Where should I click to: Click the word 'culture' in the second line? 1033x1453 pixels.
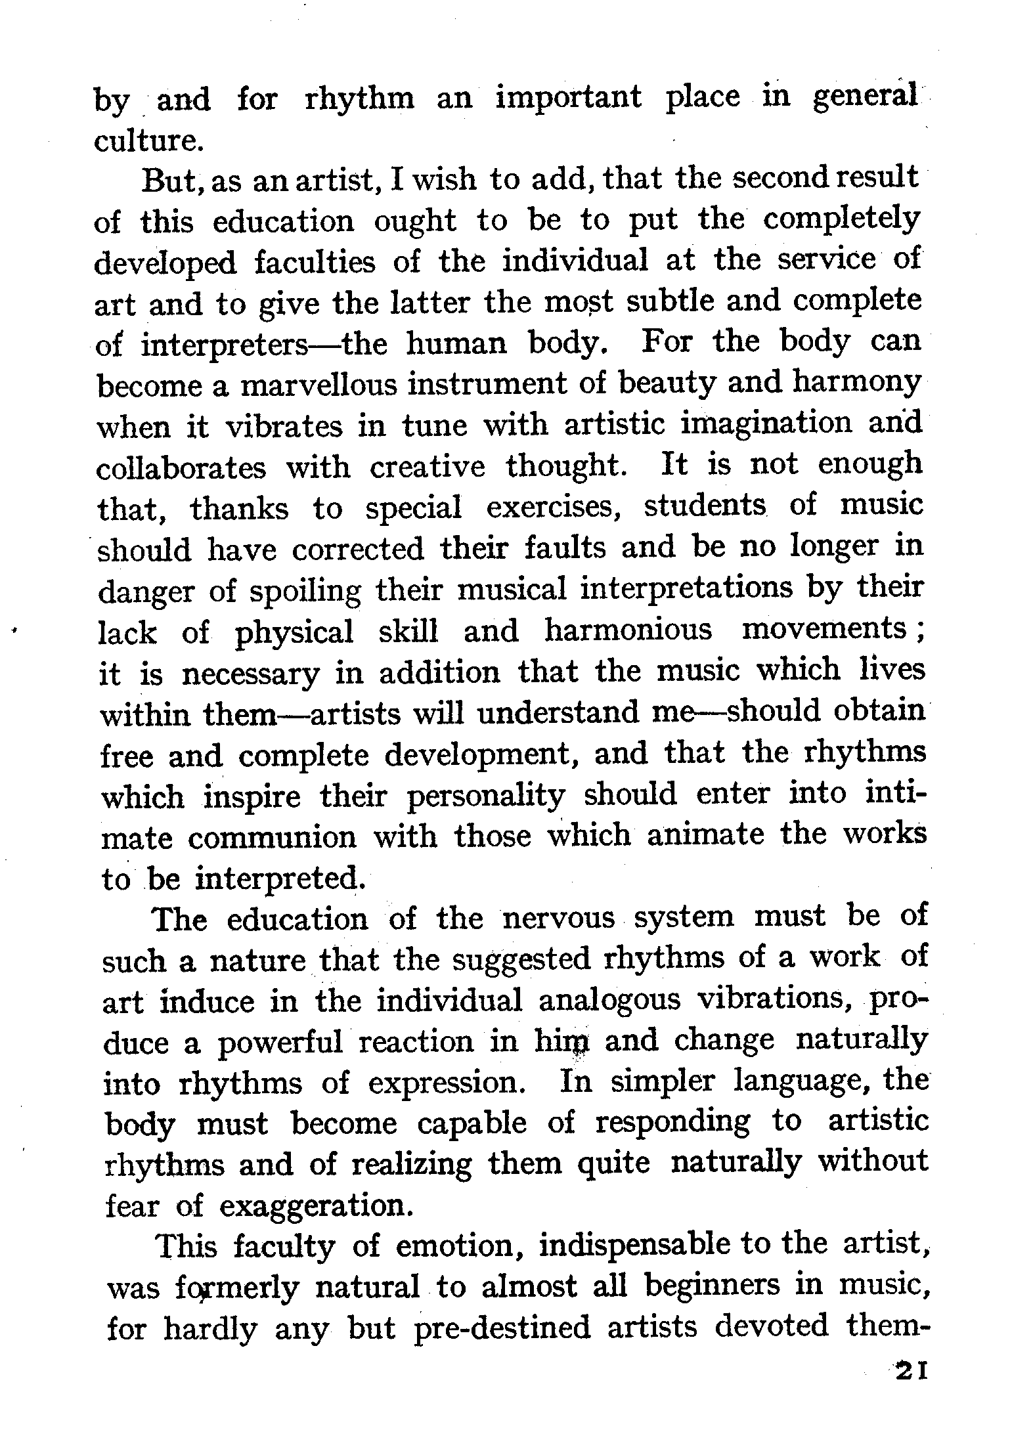tap(145, 141)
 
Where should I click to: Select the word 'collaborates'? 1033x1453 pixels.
tap(182, 468)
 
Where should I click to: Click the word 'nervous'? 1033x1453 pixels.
tap(559, 918)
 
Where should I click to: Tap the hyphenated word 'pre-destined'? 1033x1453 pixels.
tap(502, 1328)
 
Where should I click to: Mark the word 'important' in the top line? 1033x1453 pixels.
tap(568, 98)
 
